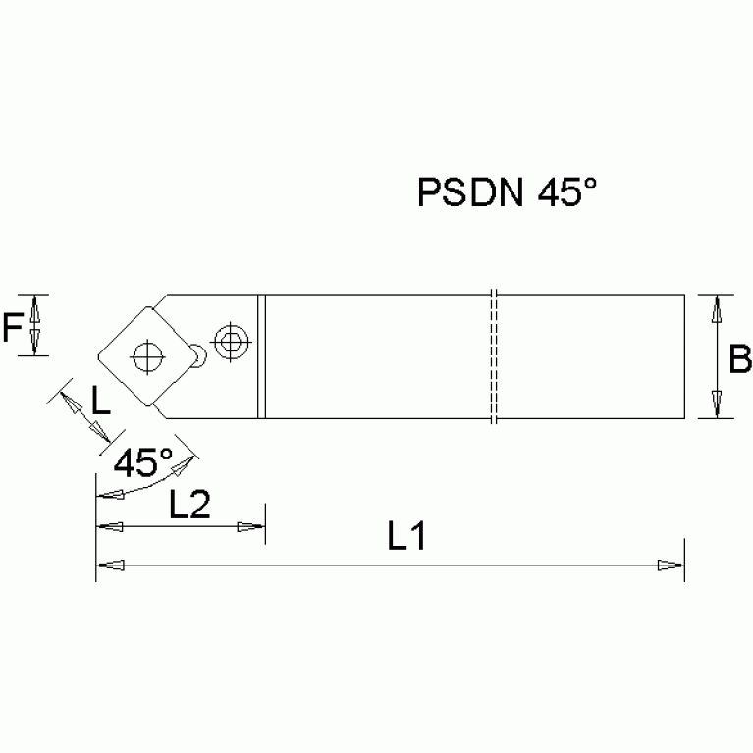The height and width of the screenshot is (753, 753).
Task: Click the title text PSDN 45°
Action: (508, 192)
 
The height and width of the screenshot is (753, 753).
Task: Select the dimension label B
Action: (738, 360)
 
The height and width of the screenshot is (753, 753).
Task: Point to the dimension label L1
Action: (404, 537)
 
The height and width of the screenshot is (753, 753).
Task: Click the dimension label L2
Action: (190, 505)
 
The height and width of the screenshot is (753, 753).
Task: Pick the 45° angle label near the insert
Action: (143, 460)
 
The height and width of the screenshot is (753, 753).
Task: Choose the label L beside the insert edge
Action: (100, 401)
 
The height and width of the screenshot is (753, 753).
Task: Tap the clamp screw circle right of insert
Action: (232, 343)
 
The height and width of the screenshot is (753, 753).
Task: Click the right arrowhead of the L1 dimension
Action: (671, 565)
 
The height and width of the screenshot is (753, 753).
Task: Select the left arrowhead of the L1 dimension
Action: (109, 565)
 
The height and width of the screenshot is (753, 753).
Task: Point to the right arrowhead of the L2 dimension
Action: (253, 528)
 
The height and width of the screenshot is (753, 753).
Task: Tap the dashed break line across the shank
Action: (495, 356)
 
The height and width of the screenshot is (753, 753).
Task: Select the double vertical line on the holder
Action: (262, 356)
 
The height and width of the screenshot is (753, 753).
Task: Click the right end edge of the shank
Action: (683, 356)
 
